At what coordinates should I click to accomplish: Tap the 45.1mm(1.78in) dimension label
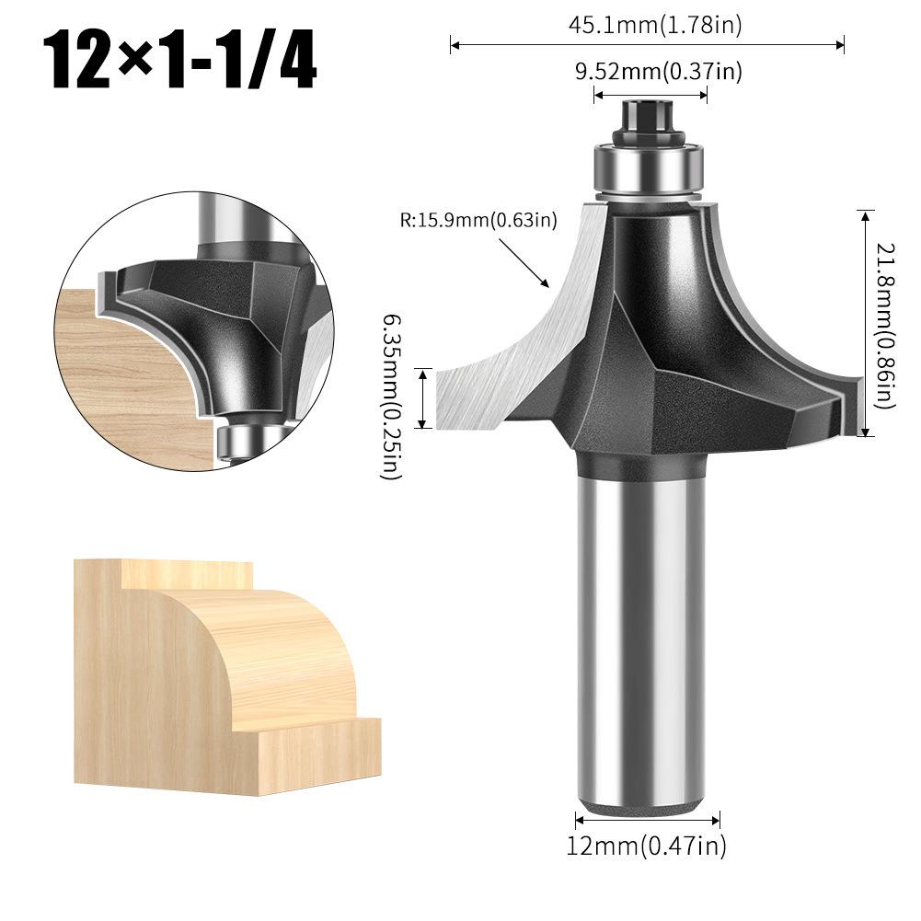654,26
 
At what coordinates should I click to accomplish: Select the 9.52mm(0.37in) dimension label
658,72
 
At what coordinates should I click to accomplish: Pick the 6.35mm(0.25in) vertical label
391,396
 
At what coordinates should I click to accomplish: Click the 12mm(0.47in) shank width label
647,846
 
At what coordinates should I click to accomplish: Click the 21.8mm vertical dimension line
864,322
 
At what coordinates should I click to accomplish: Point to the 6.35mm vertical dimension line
423,397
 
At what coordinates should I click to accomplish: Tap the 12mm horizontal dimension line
647,819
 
